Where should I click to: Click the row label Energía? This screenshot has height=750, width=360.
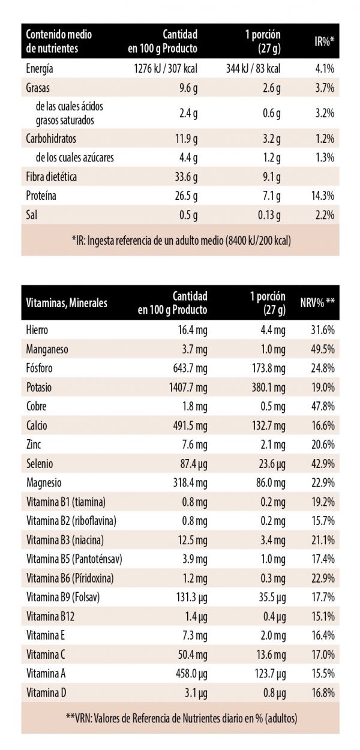(x=40, y=69)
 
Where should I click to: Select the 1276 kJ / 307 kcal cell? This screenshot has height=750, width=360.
(x=165, y=69)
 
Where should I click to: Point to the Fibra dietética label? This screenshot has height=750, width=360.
(x=52, y=177)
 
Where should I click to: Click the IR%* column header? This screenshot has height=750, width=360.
(x=325, y=41)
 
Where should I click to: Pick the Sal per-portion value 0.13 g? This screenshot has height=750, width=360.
(x=269, y=214)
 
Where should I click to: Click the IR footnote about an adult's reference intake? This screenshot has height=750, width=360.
(x=180, y=241)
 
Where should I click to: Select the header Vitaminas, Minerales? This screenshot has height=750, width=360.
(x=67, y=303)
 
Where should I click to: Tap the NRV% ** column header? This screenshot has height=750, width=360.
(x=317, y=303)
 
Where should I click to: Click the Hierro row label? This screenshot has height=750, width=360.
(x=37, y=330)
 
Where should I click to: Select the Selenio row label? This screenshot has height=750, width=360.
(x=39, y=464)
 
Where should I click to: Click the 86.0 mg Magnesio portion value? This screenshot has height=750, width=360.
(x=271, y=483)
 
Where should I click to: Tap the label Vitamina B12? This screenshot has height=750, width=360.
(x=50, y=616)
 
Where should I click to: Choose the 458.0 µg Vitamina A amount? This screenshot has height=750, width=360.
(x=189, y=674)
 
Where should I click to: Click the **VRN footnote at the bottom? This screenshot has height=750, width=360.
(x=180, y=718)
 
